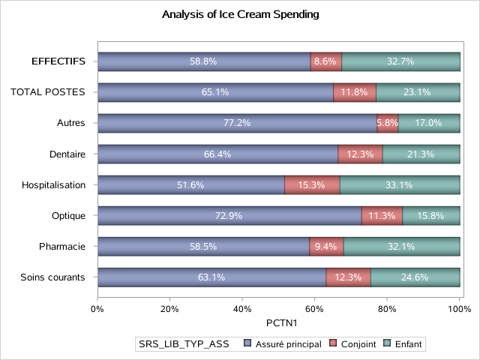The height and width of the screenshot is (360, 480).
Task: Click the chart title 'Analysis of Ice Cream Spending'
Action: [240, 13]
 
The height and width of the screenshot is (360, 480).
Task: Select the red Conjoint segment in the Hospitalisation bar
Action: [312, 184]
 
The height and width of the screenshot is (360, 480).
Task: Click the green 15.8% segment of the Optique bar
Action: [431, 216]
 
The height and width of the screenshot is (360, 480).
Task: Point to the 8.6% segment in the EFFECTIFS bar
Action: [326, 61]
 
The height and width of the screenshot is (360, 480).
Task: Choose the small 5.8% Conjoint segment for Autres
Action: [388, 123]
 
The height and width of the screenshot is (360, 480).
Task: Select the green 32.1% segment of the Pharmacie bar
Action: [401, 247]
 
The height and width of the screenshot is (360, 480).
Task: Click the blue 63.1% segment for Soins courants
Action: [211, 277]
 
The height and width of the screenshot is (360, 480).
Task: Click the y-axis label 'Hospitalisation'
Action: [54, 184]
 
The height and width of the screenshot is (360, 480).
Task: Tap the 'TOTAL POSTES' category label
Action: [48, 92]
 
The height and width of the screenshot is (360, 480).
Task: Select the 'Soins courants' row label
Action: [53, 277]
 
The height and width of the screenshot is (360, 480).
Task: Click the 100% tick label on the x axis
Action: [458, 307]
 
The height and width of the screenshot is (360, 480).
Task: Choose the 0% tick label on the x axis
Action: [97, 307]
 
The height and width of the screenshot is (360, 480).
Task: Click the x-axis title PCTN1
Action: [277, 322]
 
